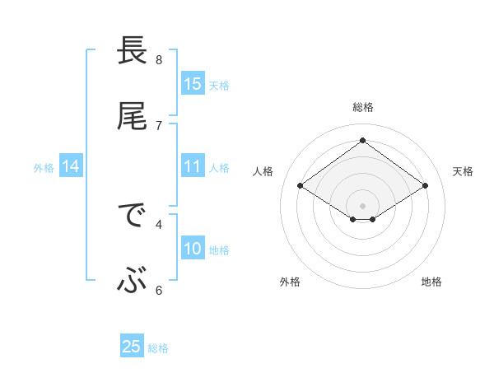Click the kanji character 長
[132, 51]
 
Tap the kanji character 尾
[132, 117]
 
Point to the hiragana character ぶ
[132, 282]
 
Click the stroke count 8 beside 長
[159, 59]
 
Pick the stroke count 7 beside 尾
[159, 125]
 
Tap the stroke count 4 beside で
[159, 223]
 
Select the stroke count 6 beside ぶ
[159, 290]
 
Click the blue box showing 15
[192, 84]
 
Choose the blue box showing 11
[192, 166]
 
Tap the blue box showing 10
[192, 249]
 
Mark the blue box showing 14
[71, 166]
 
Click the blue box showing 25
[132, 347]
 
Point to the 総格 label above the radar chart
[363, 107]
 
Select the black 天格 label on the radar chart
[463, 171]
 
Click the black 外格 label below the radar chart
[290, 282]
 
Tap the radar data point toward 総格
[363, 140]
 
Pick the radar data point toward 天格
[425, 186]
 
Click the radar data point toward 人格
[301, 186]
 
